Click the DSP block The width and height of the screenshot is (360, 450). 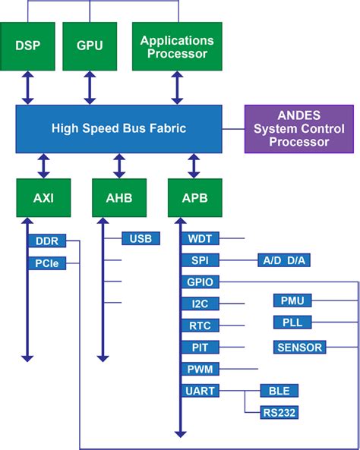(27, 46)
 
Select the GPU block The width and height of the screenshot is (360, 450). (90, 46)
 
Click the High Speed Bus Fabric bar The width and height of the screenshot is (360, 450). (119, 127)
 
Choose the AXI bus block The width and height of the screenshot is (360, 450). (43, 199)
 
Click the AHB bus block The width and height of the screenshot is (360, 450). (119, 199)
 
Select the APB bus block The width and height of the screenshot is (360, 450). (194, 199)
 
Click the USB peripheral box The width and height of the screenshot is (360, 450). (141, 239)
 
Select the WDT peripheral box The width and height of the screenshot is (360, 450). (201, 239)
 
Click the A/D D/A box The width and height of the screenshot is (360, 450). (285, 260)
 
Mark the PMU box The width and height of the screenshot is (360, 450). (292, 301)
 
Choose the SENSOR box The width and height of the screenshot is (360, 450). (299, 348)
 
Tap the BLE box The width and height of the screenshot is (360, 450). (279, 391)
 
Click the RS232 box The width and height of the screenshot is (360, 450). (279, 413)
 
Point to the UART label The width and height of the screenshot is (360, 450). (201, 391)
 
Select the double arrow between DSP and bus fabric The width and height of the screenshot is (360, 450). (27, 87)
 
